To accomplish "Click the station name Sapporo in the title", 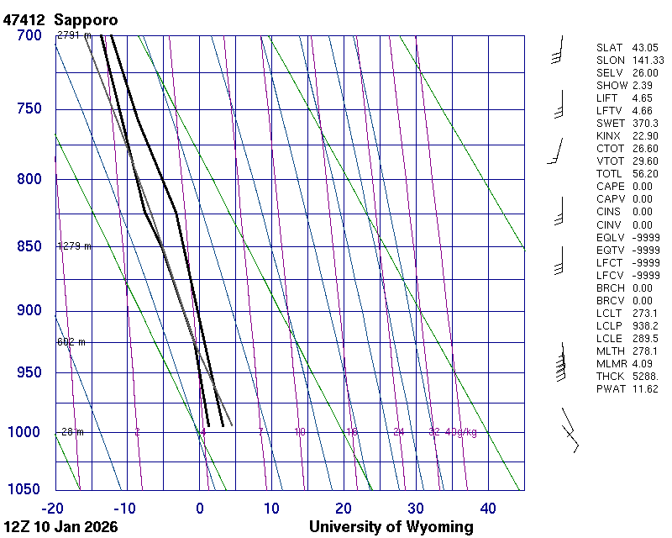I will [85, 18].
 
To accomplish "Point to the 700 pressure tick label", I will [29, 35].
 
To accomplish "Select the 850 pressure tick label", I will [29, 246].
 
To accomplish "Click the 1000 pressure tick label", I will [25, 432].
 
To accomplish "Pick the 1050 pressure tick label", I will [25, 490].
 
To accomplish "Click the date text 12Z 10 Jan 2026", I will [60, 527].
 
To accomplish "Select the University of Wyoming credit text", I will [391, 527].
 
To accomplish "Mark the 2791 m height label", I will [74, 35].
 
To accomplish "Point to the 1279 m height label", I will [74, 246].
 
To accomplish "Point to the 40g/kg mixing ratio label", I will [462, 432].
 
